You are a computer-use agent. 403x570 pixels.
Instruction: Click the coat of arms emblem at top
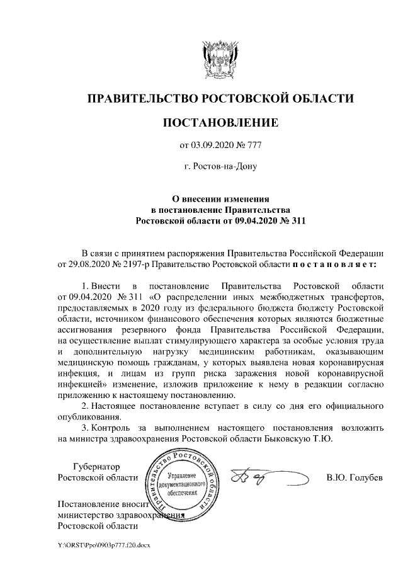[220, 57]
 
